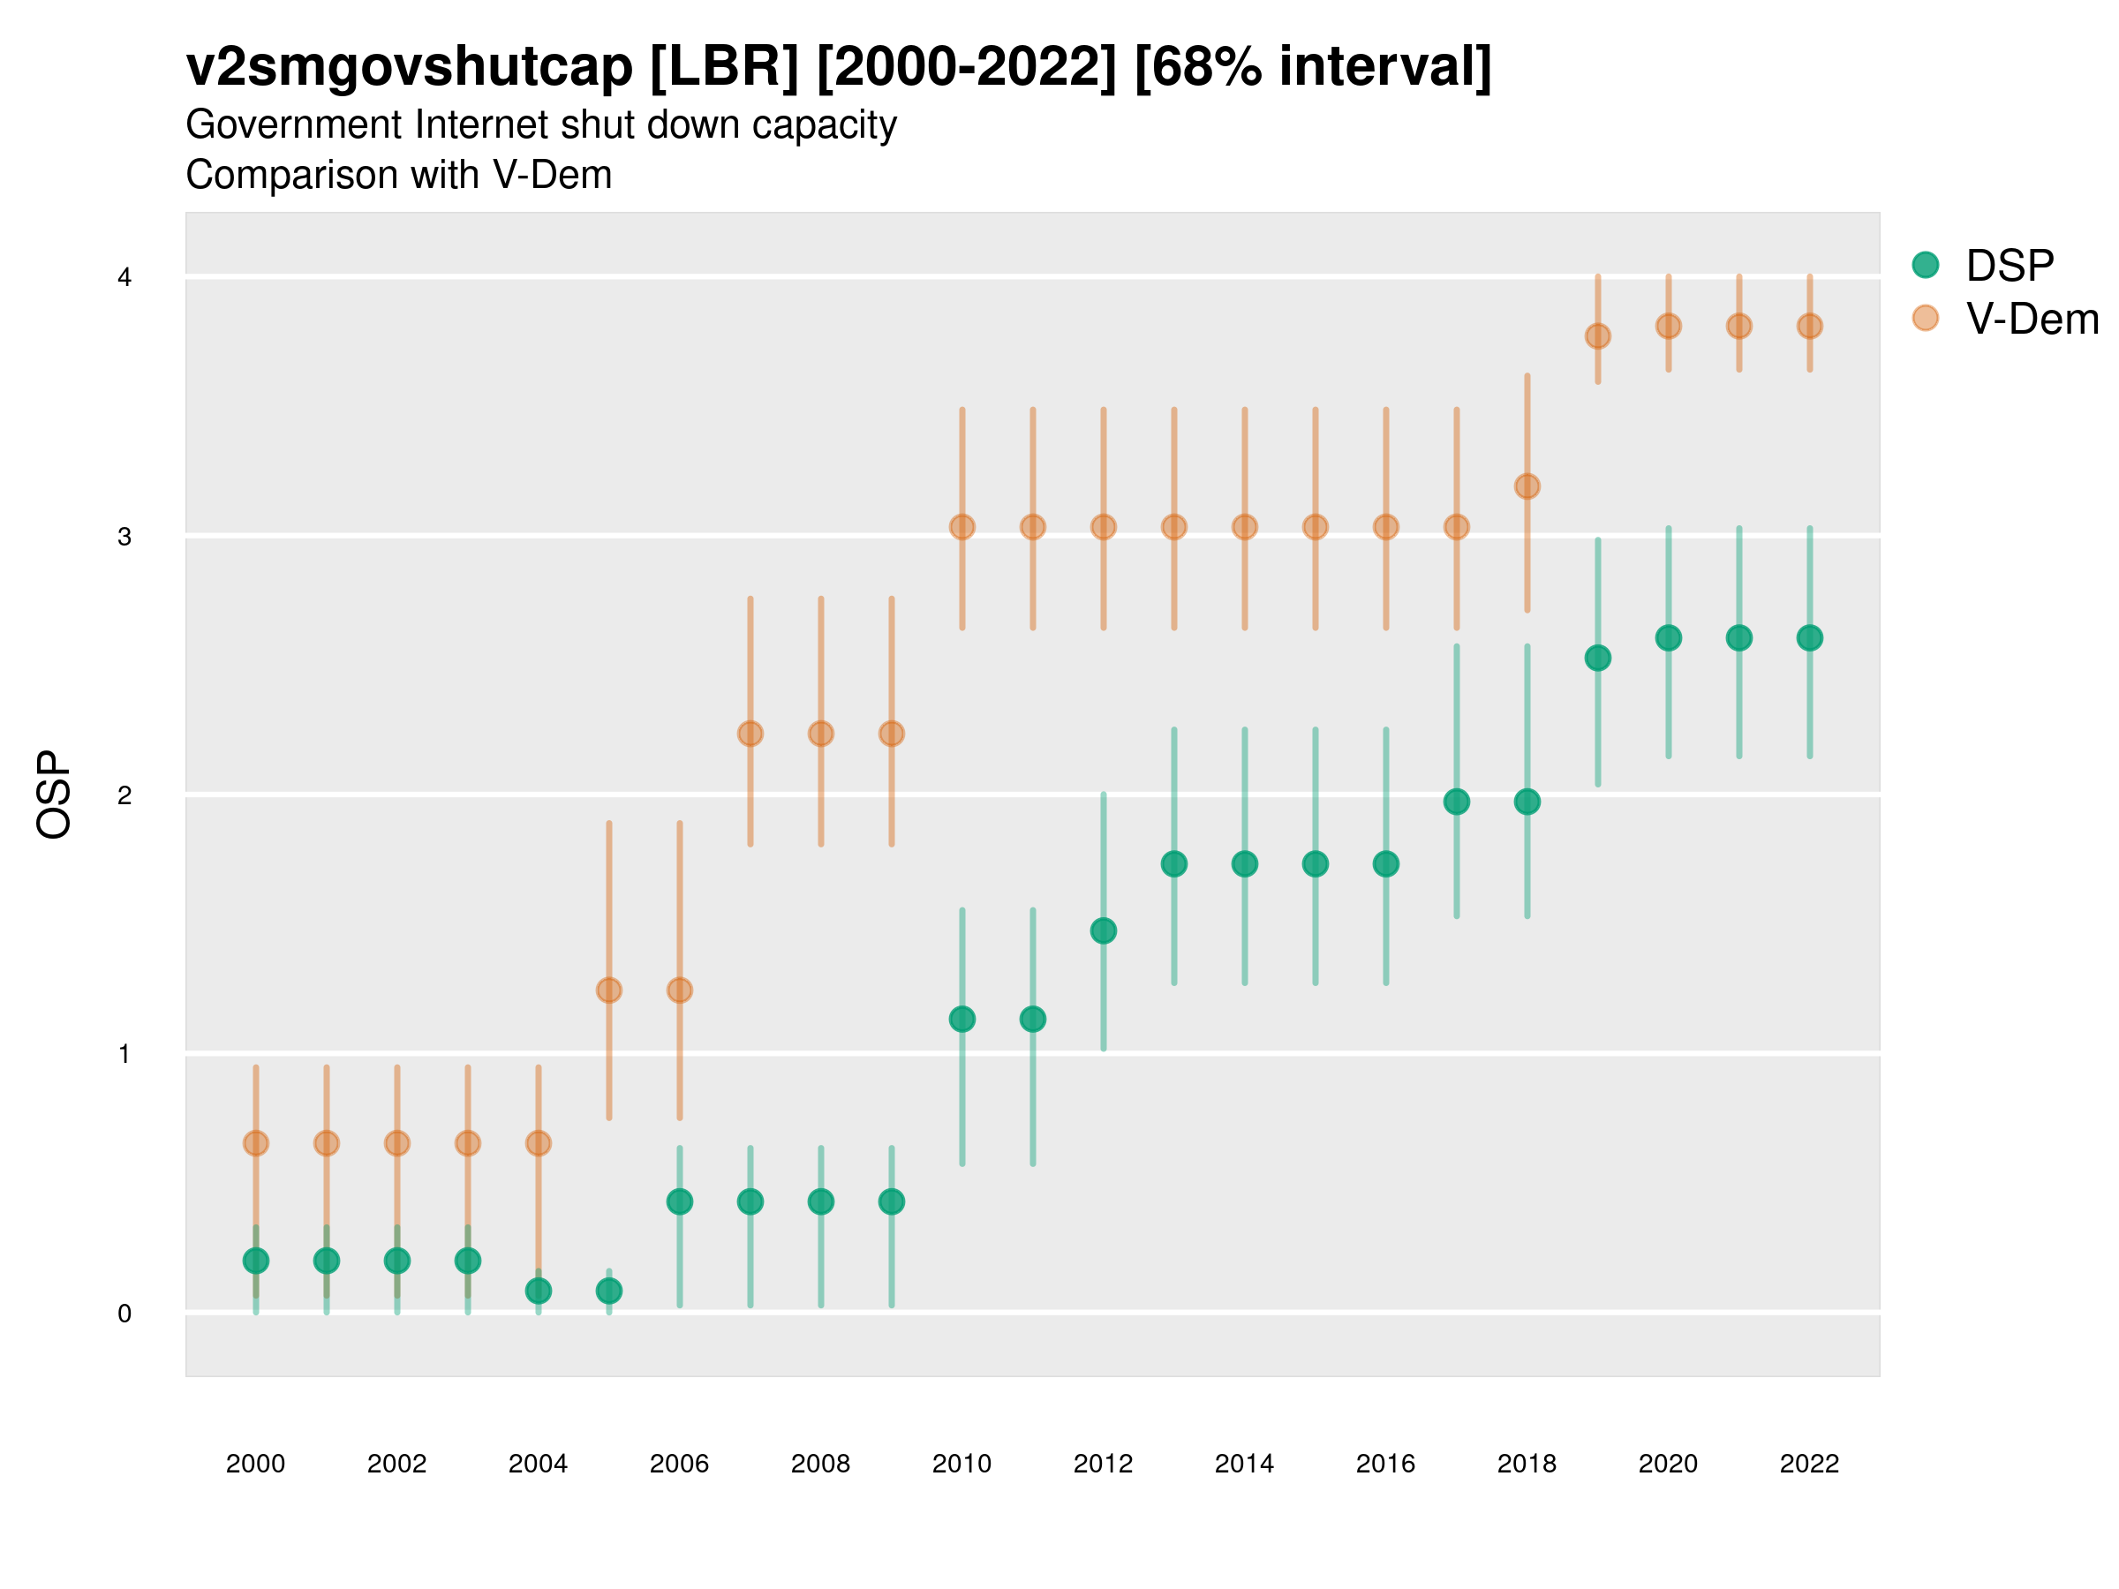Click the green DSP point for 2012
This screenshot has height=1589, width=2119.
(1104, 931)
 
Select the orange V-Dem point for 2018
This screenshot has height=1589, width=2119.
(1527, 486)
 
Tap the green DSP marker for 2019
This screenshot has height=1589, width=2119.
(1598, 658)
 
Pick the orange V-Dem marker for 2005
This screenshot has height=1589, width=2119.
(609, 990)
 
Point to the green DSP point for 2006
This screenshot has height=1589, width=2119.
(679, 1201)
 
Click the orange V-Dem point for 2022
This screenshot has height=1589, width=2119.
(1810, 327)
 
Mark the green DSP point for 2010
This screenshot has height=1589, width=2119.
(961, 1019)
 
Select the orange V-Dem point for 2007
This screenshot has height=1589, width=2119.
(750, 734)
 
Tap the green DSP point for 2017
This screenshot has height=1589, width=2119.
(1456, 802)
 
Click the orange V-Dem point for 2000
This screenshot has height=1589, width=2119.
(256, 1142)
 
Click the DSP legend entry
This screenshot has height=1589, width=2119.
(2010, 266)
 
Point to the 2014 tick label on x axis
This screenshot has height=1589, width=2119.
(1244, 1464)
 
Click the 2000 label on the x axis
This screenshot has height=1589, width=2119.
(256, 1464)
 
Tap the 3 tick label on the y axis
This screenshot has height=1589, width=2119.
(124, 537)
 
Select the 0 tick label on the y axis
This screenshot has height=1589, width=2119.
(124, 1314)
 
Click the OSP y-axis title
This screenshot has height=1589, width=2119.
(54, 795)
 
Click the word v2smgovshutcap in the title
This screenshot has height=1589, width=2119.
(409, 67)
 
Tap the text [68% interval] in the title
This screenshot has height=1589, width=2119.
(1312, 67)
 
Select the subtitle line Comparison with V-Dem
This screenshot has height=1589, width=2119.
(398, 176)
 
